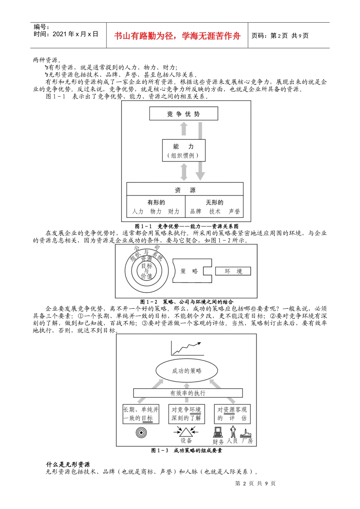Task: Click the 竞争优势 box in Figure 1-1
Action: point(183,114)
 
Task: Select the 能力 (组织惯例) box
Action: point(183,150)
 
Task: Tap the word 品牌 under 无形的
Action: point(196,211)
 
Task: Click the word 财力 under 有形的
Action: point(174,211)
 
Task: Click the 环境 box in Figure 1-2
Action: point(233,271)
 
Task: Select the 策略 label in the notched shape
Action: point(189,271)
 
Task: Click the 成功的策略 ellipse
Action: point(186,371)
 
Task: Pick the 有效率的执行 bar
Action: point(188,393)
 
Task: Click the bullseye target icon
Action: point(141,432)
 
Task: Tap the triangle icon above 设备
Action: point(186,432)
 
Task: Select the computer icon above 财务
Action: point(218,432)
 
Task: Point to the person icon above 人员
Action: point(233,431)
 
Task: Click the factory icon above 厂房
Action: point(247,433)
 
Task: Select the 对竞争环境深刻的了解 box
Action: point(186,414)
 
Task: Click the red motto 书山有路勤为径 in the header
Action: point(177,36)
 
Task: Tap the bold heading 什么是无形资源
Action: point(68,464)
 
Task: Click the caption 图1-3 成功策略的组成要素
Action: point(186,451)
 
